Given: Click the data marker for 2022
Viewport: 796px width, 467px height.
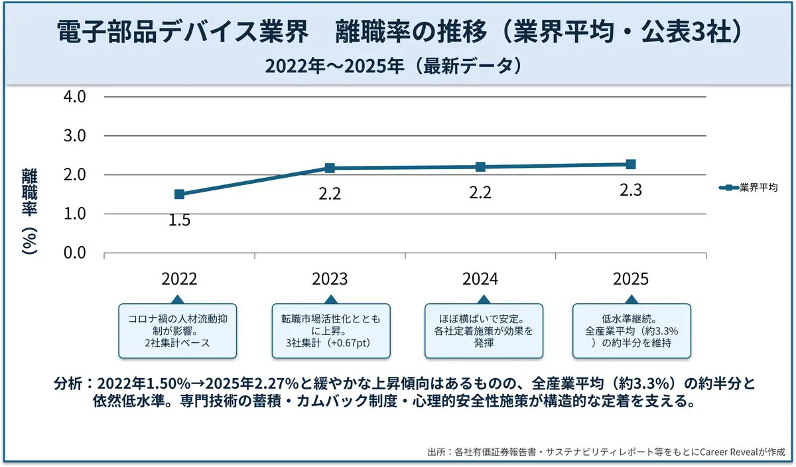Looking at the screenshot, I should tap(179, 194).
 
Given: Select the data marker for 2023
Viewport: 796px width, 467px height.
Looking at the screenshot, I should tap(330, 168).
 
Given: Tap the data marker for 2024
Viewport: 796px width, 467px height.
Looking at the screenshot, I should tap(480, 167).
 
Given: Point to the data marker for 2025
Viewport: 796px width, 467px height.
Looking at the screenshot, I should tap(631, 165).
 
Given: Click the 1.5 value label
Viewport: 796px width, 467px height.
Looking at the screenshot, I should tap(179, 220).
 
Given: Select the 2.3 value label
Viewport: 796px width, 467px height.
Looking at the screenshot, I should tap(631, 190).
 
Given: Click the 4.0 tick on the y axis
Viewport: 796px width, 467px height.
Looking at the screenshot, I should tap(74, 97).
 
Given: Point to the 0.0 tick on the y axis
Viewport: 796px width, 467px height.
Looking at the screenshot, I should tap(74, 253).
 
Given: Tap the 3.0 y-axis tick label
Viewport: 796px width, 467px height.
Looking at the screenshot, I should tap(74, 136).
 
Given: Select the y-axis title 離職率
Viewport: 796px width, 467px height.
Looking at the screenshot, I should tap(29, 192).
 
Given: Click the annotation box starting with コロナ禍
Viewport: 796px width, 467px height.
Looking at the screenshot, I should tap(179, 330).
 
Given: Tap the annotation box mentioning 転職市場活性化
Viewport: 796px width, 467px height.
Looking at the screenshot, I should tap(330, 330).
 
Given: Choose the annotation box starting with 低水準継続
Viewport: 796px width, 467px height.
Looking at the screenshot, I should tap(631, 330).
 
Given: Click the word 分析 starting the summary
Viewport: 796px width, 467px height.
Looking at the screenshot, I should tap(68, 385).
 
